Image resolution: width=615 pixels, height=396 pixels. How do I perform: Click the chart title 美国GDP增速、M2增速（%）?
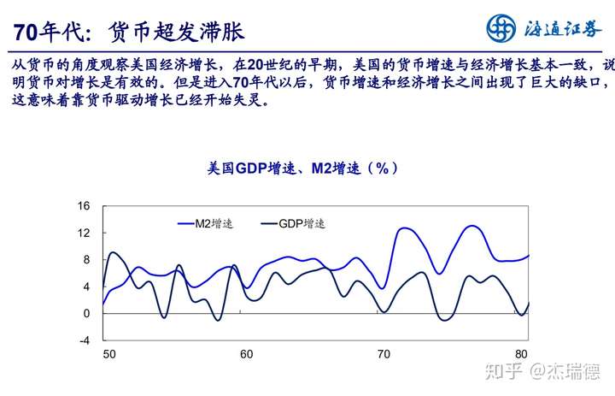tap(303, 168)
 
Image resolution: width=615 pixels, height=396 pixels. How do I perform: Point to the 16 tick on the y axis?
tap(84, 206)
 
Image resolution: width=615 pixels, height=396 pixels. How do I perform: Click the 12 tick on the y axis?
tap(84, 233)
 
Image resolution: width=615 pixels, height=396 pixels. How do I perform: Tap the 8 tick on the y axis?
tap(85, 260)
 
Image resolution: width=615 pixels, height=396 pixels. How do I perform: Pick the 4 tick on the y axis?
tap(85, 287)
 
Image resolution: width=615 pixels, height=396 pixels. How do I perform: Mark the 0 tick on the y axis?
tap(85, 313)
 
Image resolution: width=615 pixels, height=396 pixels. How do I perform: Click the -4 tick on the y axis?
tap(84, 340)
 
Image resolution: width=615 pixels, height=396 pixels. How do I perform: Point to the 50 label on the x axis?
tap(108, 354)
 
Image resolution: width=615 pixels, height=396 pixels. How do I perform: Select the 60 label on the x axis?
tap(246, 354)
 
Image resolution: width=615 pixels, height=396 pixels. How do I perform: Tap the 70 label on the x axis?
tap(384, 354)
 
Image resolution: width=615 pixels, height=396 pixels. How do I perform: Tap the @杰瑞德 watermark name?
tap(564, 372)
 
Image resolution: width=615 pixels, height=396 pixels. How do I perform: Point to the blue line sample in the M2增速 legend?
tap(184, 223)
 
